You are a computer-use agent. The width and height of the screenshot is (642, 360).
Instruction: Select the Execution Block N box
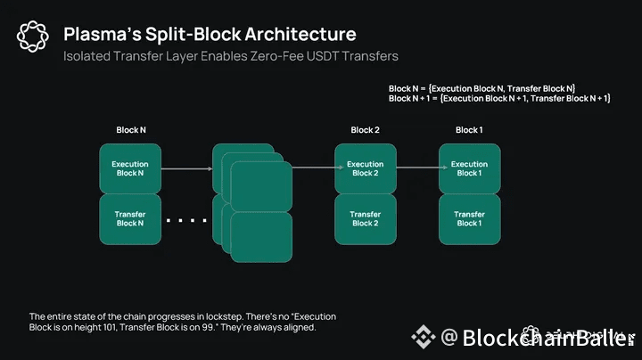click(129, 168)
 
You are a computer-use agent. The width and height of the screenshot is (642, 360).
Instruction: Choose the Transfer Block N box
click(129, 219)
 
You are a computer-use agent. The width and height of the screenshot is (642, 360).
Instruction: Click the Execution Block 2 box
click(365, 168)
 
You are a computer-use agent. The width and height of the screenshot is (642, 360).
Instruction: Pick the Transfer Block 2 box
click(365, 219)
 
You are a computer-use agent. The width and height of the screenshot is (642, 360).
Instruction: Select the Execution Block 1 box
click(469, 168)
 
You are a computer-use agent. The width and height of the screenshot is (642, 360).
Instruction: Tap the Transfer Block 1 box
click(469, 219)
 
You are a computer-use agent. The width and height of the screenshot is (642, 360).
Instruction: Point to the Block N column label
click(131, 130)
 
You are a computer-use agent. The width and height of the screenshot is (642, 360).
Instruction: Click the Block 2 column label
click(365, 130)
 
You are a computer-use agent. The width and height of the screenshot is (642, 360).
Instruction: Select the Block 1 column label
click(469, 130)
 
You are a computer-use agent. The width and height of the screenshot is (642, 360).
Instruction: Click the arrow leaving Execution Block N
click(187, 168)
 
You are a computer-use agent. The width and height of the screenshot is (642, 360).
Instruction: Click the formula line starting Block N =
click(481, 87)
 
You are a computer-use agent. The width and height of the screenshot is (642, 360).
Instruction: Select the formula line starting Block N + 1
click(499, 98)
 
